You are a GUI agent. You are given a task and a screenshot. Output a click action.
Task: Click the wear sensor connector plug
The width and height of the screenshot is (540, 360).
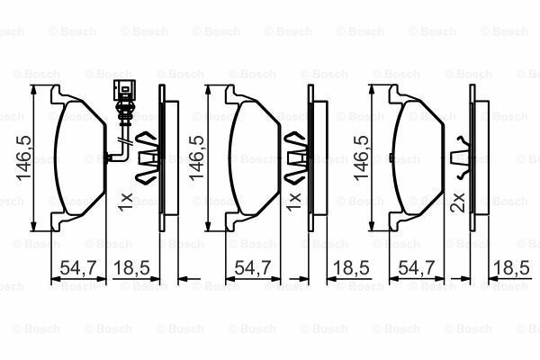[x=123, y=93]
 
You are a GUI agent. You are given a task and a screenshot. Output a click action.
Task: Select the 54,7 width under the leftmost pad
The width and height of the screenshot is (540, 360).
[x=76, y=268]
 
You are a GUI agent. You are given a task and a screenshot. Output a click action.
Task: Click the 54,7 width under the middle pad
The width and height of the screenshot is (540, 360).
[x=248, y=268]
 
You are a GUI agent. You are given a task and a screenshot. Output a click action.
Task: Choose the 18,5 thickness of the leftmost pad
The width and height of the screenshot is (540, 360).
[x=133, y=268]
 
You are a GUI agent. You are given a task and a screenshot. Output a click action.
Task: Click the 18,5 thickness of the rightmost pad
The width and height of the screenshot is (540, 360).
[x=510, y=268]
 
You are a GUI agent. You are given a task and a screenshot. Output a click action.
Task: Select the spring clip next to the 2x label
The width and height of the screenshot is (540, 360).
[x=462, y=157]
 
